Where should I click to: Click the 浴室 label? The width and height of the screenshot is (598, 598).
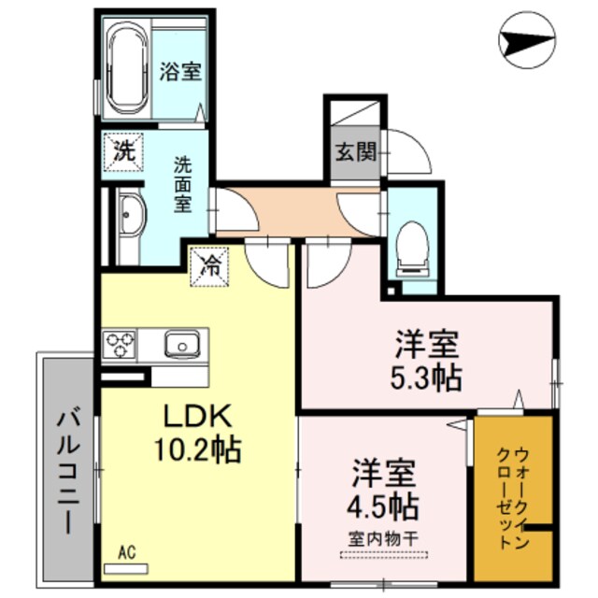(x=179, y=71)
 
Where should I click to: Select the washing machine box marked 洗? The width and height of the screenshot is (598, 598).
(x=122, y=151)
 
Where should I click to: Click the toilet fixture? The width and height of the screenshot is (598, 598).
(x=411, y=245)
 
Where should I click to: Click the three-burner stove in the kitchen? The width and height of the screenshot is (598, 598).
(x=121, y=345)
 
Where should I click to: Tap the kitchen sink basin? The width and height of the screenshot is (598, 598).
(x=178, y=346)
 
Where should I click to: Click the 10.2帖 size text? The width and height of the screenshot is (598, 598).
(x=197, y=450)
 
